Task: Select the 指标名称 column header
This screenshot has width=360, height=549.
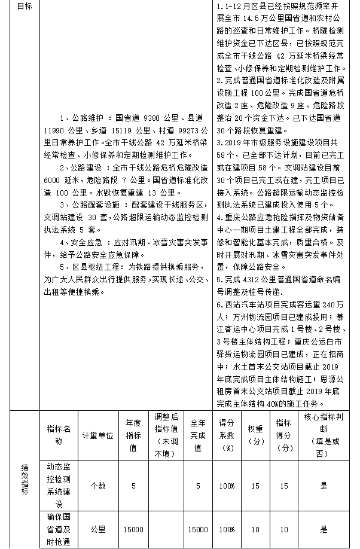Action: [x=59, y=435]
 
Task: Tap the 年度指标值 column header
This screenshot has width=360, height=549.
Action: [x=133, y=435]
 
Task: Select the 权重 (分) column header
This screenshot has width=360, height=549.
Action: [x=255, y=435]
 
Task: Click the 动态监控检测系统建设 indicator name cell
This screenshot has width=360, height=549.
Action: [x=59, y=486]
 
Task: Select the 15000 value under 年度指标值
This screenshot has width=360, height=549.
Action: [x=133, y=529]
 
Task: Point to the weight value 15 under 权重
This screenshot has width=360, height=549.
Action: [x=255, y=486]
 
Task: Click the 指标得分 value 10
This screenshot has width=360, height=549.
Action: [x=284, y=529]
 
